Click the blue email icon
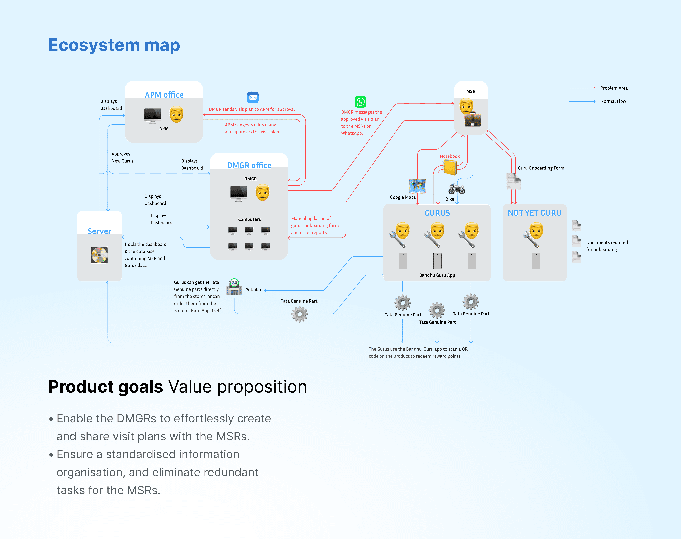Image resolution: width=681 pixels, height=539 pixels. pos(253,97)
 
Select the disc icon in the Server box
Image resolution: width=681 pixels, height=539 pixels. pos(99,255)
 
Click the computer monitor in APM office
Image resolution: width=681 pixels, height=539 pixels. pos(153,115)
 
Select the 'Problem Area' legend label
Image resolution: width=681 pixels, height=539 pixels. pos(614,88)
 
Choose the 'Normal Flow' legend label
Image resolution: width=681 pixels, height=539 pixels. pos(613,101)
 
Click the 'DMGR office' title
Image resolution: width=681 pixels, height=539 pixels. pos(249,165)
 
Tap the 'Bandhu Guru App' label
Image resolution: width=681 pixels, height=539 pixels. pos(437,275)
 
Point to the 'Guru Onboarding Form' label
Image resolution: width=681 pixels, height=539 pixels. pos(541,168)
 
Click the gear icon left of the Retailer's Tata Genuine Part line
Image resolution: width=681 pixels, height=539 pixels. pos(299,314)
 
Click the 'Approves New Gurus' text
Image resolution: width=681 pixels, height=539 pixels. pos(122,157)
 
